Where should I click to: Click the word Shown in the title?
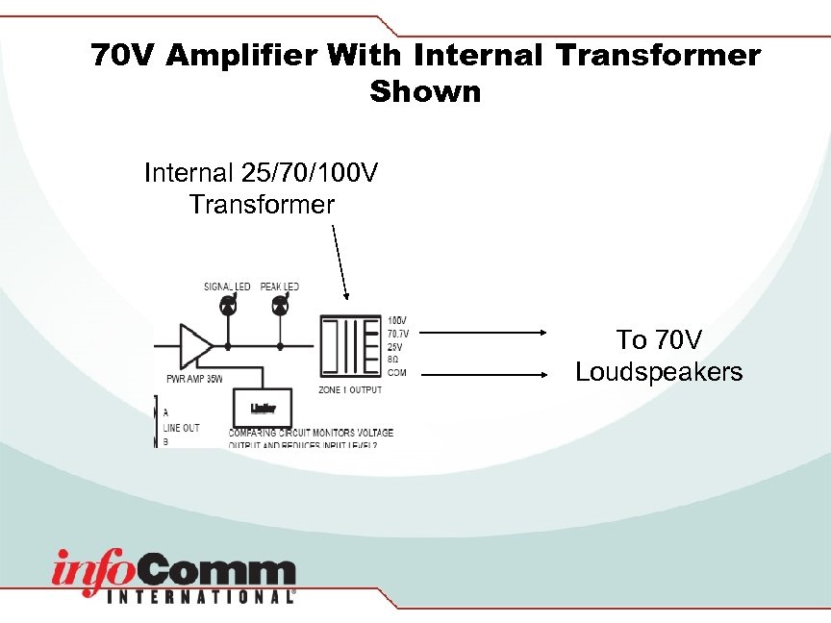[x=424, y=92]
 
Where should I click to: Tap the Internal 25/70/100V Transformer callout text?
[x=261, y=188]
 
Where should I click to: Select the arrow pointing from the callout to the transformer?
[x=340, y=262]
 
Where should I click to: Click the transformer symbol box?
[x=348, y=346]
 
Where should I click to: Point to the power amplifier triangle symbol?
[x=195, y=345]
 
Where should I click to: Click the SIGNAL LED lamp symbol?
[x=228, y=306]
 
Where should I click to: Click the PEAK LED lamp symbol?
[x=281, y=306]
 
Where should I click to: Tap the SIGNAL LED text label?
[x=227, y=287]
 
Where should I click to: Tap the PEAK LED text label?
[x=280, y=287]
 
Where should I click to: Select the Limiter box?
[x=264, y=408]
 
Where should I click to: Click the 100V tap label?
[x=396, y=320]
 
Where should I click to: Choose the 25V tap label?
[x=394, y=346]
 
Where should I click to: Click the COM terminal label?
[x=396, y=371]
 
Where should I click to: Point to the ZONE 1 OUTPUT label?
[x=349, y=390]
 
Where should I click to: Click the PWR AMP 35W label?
[x=195, y=379]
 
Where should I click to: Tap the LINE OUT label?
[x=182, y=428]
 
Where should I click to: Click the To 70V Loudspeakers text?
[x=659, y=356]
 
